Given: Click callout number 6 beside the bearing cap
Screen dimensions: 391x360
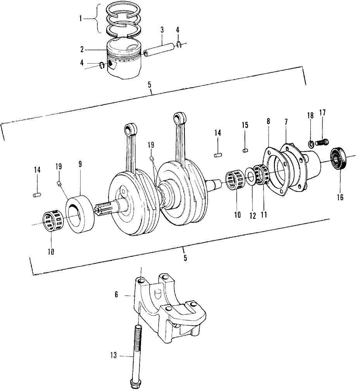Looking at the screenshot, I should pyautogui.click(x=116, y=295).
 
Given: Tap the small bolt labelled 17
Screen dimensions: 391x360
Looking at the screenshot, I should pyautogui.click(x=323, y=142).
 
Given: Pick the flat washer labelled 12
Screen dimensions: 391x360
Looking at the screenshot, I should pyautogui.click(x=250, y=178).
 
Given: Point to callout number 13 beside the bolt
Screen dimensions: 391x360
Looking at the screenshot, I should pyautogui.click(x=113, y=355).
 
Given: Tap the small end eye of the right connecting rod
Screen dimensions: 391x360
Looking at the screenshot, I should pyautogui.click(x=179, y=117).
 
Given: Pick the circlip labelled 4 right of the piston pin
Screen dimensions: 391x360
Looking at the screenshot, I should pyautogui.click(x=179, y=45).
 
